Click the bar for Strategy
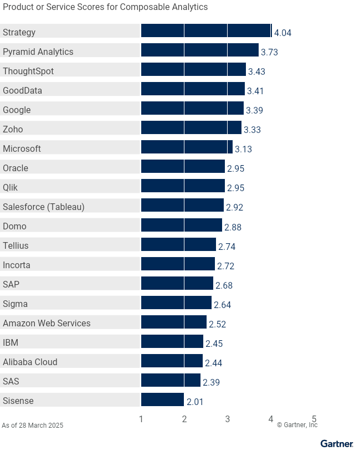pos(206,30)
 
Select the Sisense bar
pos(162,399)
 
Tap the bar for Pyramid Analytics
pos(199,50)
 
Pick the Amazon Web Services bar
pos(173,322)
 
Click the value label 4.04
pos(282,33)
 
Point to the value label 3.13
pos(243,149)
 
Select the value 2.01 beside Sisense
pos(194,402)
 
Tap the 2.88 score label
pos(233,227)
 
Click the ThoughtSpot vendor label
pos(28,71)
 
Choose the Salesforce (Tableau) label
pos(44,207)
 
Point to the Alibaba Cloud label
pos(30,362)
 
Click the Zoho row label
pos(13,129)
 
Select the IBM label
pos(11,342)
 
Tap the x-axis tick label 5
pos(314,419)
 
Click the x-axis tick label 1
pos(141,419)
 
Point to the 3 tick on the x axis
pos(228,419)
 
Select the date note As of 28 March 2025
pos(33,426)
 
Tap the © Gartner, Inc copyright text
pos(297,425)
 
